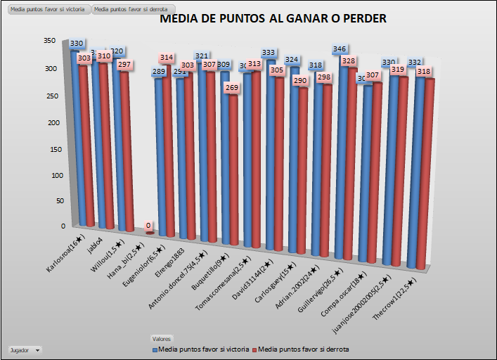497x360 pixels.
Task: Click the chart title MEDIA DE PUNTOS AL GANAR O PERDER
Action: (273, 19)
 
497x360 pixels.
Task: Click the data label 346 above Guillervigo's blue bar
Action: (340, 49)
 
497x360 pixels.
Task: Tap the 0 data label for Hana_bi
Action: (148, 226)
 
